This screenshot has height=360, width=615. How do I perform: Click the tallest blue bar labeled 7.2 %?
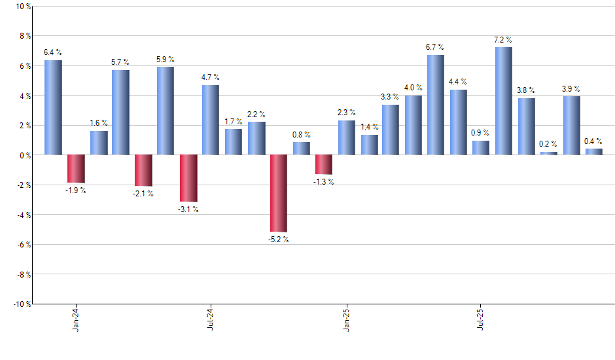click(x=503, y=101)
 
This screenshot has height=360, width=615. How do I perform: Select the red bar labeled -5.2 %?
click(x=278, y=193)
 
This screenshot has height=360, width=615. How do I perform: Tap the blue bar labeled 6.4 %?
click(x=53, y=107)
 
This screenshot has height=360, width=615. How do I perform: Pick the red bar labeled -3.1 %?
click(x=188, y=178)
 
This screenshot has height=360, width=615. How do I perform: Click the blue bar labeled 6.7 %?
click(x=436, y=105)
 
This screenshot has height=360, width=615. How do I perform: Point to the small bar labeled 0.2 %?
click(x=548, y=153)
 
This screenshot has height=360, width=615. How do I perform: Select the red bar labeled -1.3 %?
click(x=323, y=164)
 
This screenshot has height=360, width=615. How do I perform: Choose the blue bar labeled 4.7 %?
click(x=211, y=120)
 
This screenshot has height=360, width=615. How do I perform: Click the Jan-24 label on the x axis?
click(x=76, y=318)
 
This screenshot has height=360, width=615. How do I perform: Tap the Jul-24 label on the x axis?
click(x=211, y=318)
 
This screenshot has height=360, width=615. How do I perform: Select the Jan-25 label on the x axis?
click(x=346, y=318)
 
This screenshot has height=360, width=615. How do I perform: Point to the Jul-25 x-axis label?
click(x=481, y=318)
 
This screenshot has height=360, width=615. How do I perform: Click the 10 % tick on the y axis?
click(x=22, y=7)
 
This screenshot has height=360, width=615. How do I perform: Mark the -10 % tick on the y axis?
click(x=20, y=304)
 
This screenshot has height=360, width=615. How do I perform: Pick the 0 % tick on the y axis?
click(x=24, y=155)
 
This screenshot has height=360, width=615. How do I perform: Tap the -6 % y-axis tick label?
click(x=22, y=244)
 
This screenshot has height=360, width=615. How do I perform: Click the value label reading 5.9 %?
click(x=166, y=59)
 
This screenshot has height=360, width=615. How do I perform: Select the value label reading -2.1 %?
click(x=143, y=193)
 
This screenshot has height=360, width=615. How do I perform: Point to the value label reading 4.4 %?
click(x=458, y=82)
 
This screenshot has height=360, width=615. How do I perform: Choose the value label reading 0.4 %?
click(x=593, y=141)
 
